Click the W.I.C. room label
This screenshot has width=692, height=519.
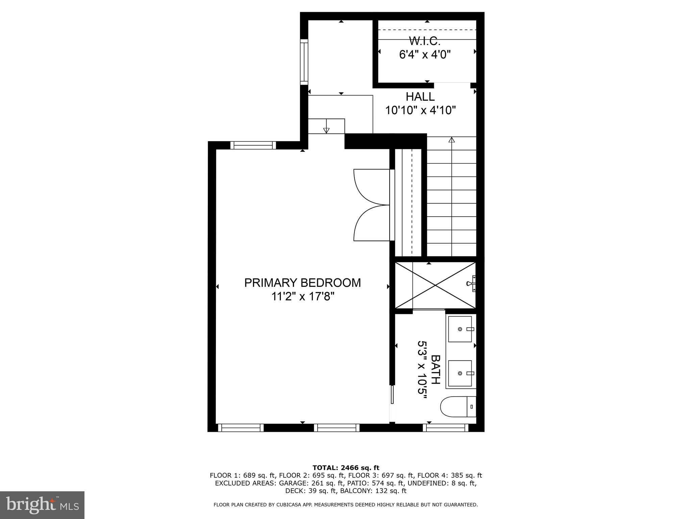(425, 41)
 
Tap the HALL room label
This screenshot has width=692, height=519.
(420, 97)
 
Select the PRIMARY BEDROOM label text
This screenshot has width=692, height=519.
(302, 283)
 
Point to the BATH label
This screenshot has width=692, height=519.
(436, 369)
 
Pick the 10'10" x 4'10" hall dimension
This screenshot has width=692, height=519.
(421, 110)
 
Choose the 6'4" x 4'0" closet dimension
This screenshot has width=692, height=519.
(425, 54)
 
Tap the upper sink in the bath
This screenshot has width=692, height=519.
(460, 329)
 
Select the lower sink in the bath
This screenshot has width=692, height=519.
(460, 373)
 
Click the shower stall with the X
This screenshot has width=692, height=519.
(435, 286)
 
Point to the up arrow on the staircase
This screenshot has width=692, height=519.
(452, 140)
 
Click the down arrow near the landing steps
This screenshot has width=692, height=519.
(326, 130)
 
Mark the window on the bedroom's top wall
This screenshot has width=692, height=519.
(253, 145)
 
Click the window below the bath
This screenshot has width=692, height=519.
(445, 428)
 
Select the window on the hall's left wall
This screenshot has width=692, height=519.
(304, 61)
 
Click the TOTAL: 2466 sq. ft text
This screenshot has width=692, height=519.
(346, 468)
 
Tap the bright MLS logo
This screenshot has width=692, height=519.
(42, 504)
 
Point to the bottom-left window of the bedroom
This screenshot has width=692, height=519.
(241, 428)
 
